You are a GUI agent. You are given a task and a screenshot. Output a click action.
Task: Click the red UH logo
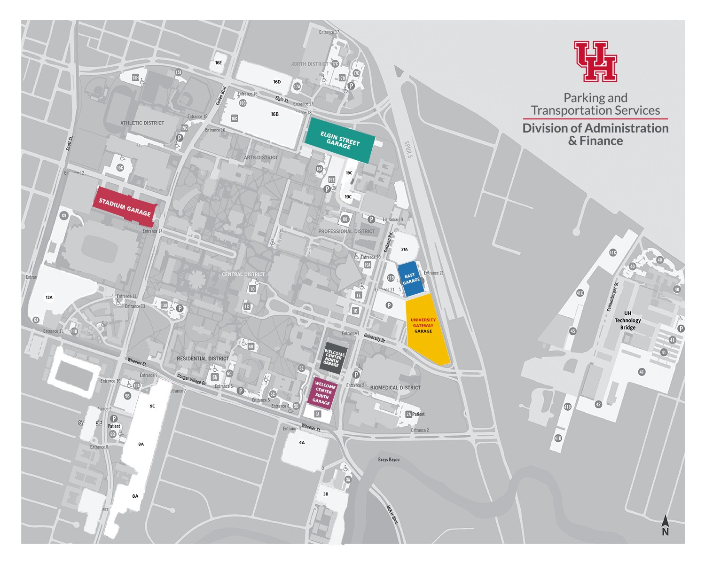click(x=595, y=61)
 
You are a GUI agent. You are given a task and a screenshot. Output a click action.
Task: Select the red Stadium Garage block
click(x=125, y=207)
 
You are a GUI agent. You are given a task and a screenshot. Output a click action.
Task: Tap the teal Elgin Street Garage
click(x=340, y=140)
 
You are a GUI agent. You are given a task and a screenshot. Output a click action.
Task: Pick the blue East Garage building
click(x=411, y=279)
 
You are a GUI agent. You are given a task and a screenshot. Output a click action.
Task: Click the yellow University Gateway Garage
click(x=426, y=329)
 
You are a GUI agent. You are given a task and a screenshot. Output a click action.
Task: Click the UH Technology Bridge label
click(x=627, y=321)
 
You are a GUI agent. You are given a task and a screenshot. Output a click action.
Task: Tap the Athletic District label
click(x=142, y=123)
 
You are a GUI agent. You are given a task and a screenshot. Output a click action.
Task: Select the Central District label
click(x=243, y=274)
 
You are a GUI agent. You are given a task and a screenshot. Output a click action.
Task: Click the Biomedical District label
click(x=395, y=388)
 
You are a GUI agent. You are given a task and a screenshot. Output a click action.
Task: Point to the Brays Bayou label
click(x=389, y=459)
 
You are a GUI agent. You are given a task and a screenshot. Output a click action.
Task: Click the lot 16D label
click(x=277, y=82)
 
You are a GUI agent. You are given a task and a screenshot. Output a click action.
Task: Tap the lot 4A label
click(x=302, y=442)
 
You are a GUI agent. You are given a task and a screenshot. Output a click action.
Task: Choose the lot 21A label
click(x=404, y=249)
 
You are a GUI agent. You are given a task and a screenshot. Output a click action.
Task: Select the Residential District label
click(x=203, y=358)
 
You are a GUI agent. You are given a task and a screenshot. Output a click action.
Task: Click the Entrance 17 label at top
click(x=329, y=32)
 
